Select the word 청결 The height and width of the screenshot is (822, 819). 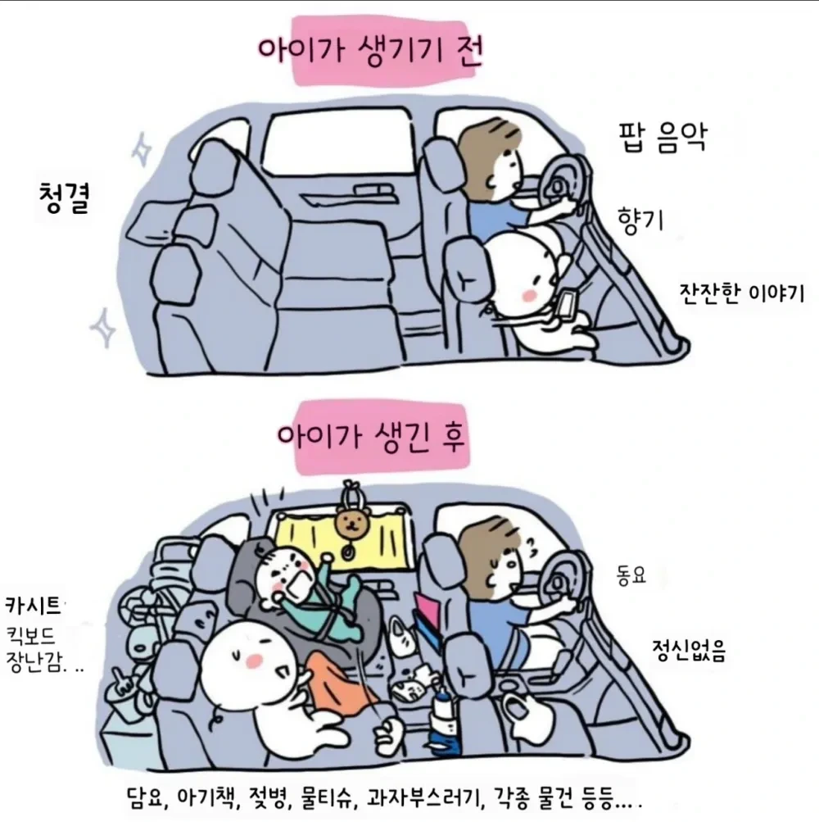tap(62, 199)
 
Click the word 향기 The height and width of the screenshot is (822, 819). tap(640, 219)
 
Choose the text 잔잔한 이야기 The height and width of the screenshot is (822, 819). tap(742, 293)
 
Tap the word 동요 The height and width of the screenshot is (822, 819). tap(631, 574)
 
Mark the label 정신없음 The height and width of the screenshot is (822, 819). tap(688, 652)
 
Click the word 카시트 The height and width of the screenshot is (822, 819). tap(33, 607)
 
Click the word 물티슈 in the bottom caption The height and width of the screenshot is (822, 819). tap(329, 797)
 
